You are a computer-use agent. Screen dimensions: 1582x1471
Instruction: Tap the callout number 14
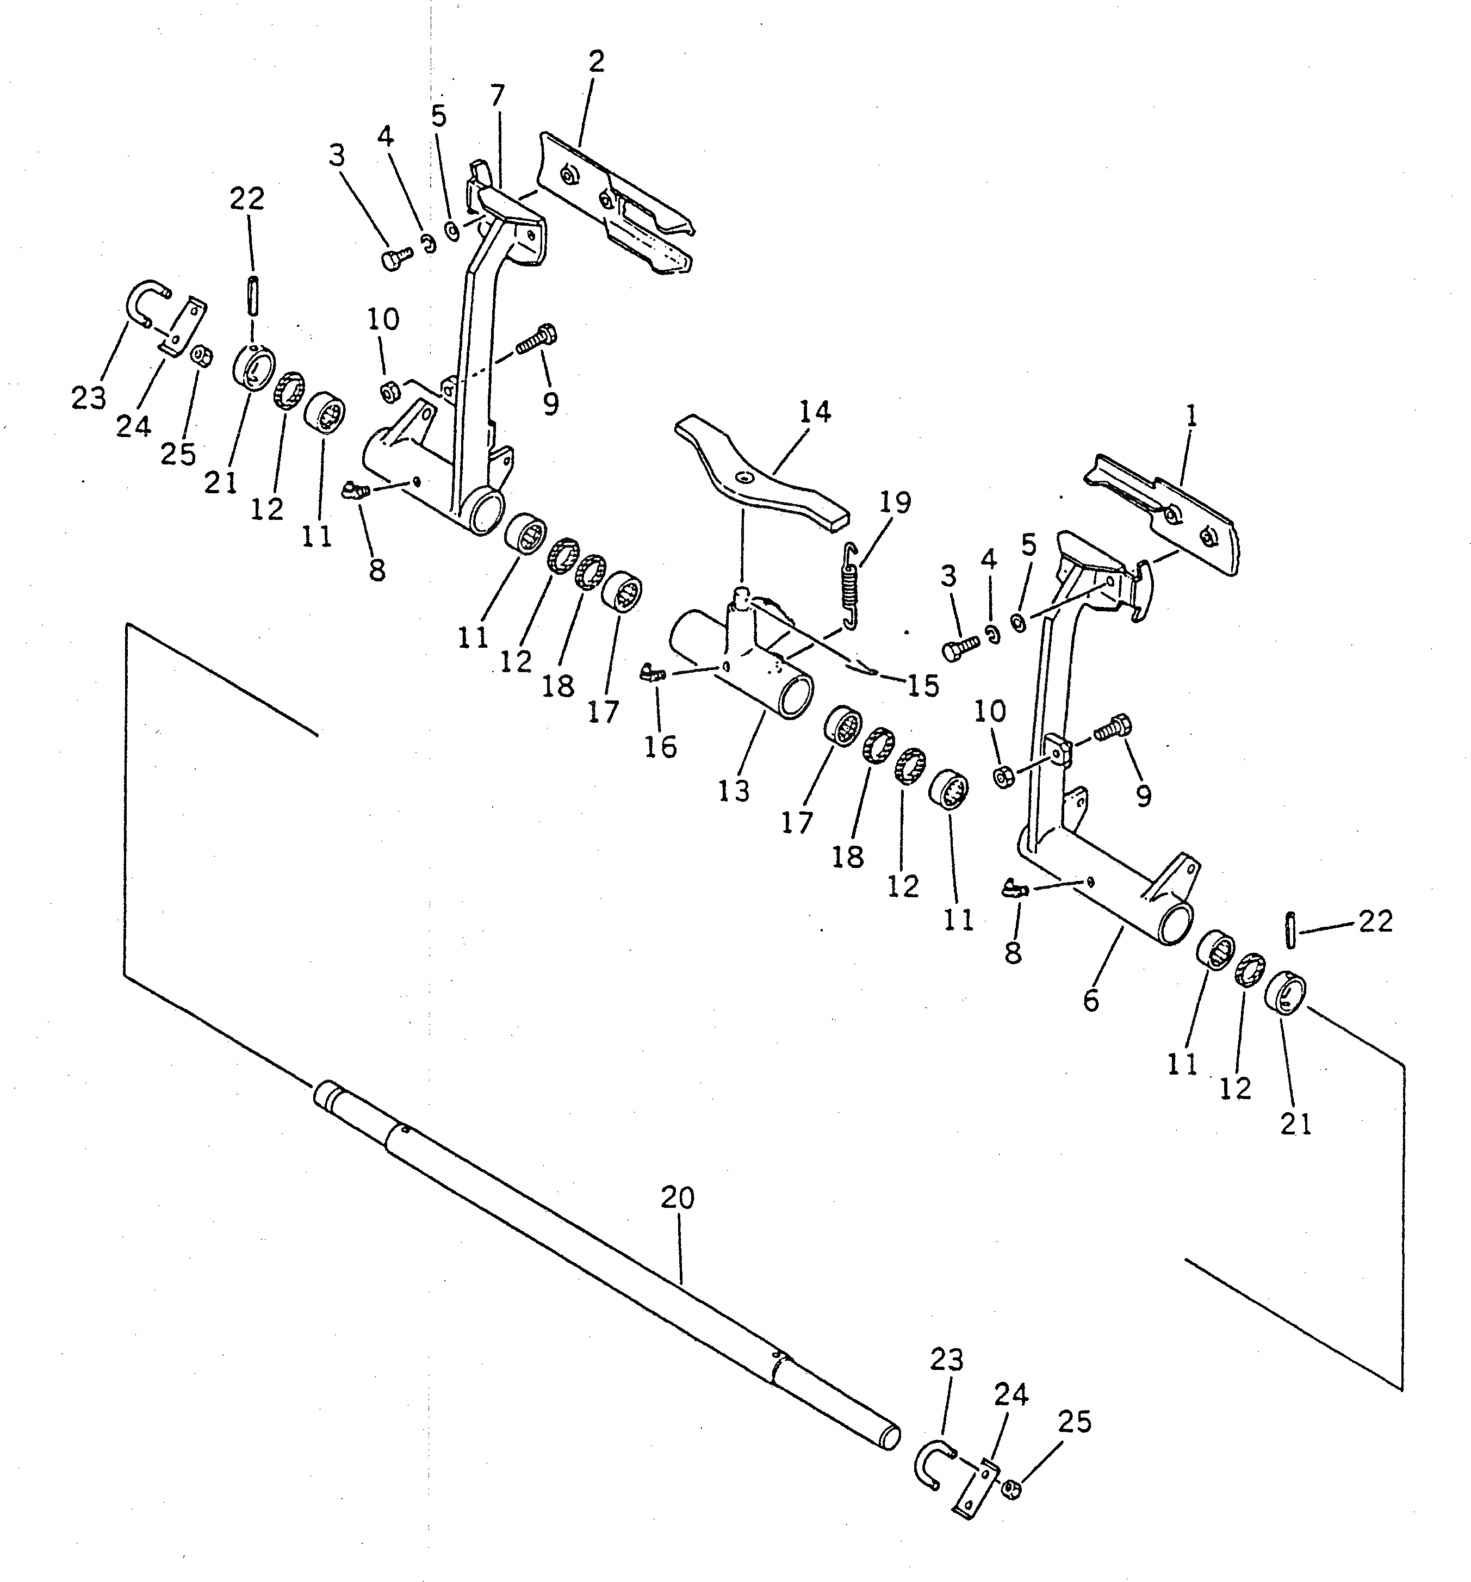pyautogui.click(x=815, y=412)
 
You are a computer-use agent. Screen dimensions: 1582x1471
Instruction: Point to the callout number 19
pyautogui.click(x=896, y=503)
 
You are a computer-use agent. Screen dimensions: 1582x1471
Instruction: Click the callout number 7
pyautogui.click(x=497, y=96)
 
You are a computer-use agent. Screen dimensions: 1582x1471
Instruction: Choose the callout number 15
pyautogui.click(x=923, y=685)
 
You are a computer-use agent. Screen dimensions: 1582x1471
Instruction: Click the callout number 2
pyautogui.click(x=597, y=61)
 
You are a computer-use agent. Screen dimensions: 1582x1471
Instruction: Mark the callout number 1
pyautogui.click(x=1191, y=415)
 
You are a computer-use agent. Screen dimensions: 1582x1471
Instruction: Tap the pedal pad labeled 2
pyautogui.click(x=617, y=207)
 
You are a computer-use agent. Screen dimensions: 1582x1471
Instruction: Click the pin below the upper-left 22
pyautogui.click(x=253, y=295)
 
